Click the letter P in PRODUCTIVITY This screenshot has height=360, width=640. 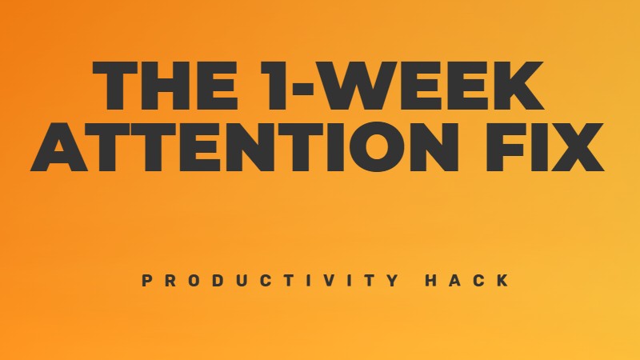146,281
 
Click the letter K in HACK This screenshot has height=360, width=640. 502,281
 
